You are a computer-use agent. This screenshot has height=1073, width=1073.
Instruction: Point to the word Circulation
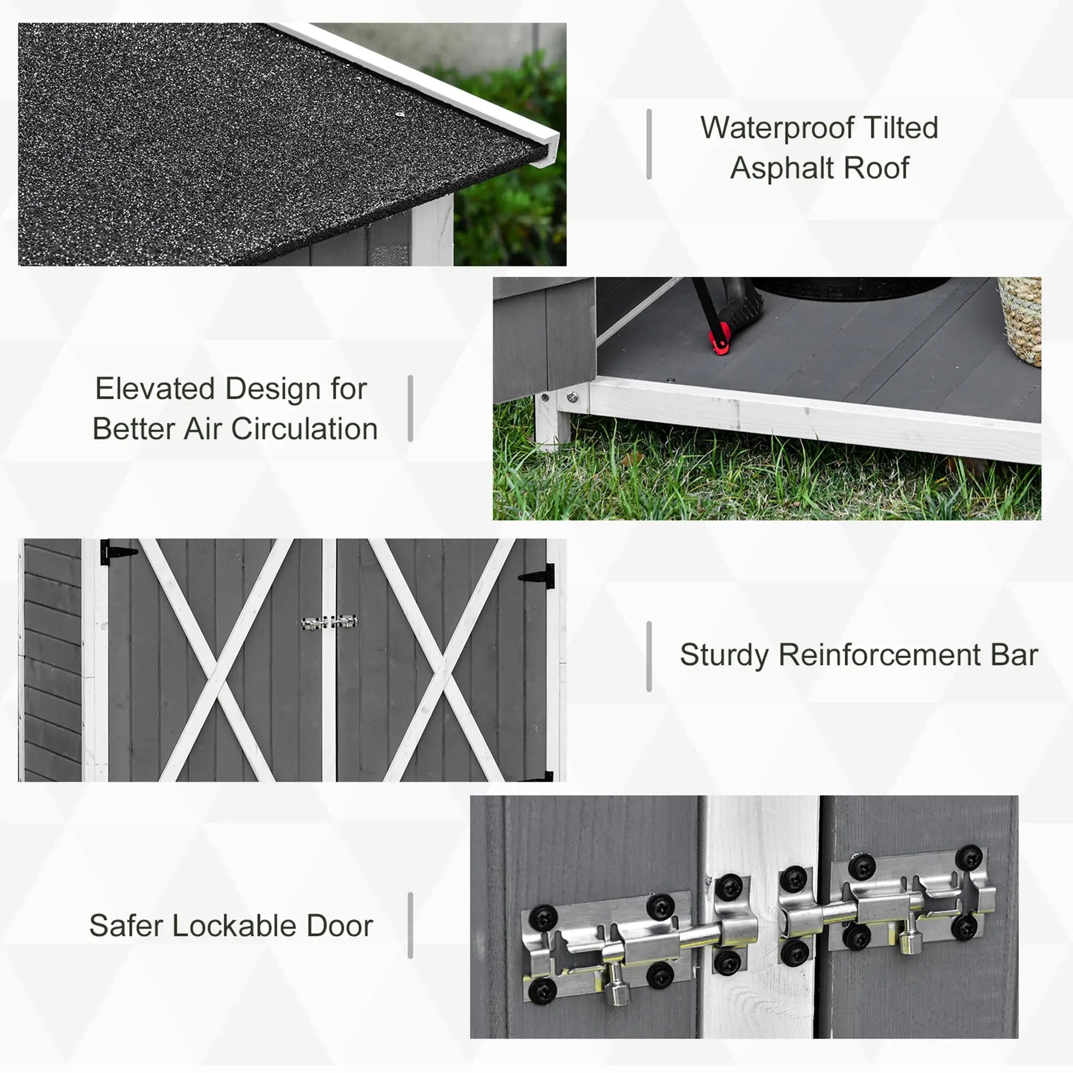304,430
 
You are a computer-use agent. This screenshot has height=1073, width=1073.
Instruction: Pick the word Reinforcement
879,656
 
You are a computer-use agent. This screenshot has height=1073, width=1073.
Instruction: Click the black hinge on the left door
117,552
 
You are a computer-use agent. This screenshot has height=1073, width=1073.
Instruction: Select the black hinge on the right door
538,577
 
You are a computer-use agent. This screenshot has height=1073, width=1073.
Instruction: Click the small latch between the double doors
329,623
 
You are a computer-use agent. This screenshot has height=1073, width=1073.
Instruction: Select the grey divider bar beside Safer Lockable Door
410,926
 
